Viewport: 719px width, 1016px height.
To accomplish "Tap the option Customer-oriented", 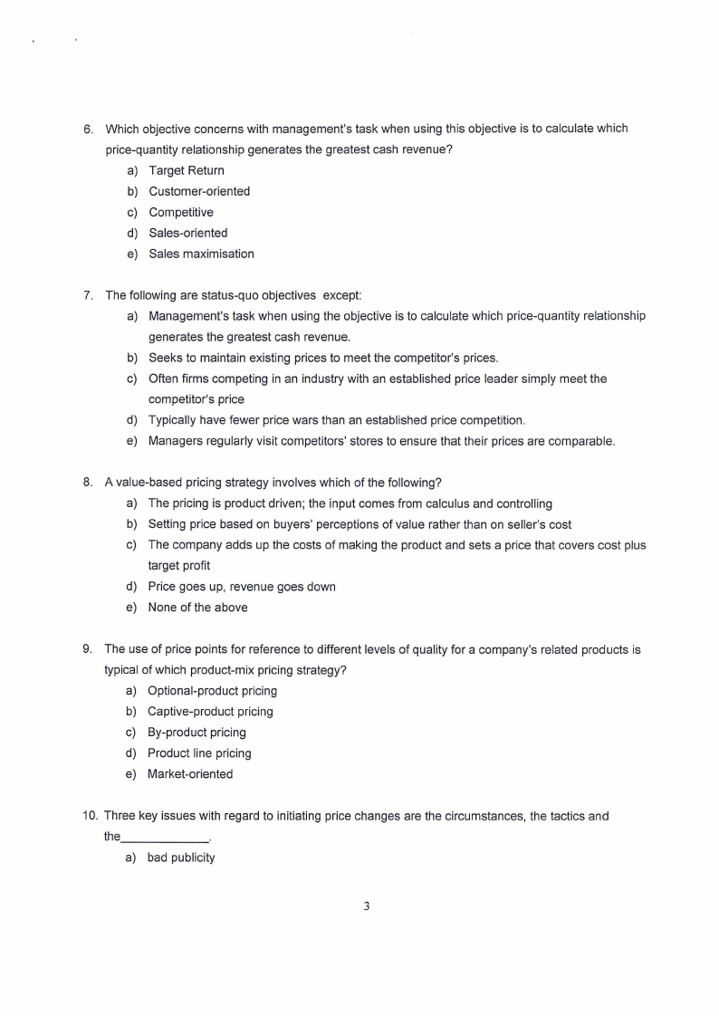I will pyautogui.click(x=198, y=191).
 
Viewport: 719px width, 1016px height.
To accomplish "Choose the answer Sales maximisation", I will pyautogui.click(x=201, y=254).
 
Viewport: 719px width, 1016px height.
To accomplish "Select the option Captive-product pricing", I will pyautogui.click(x=210, y=712).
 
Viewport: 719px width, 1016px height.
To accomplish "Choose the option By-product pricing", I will pyautogui.click(x=197, y=733).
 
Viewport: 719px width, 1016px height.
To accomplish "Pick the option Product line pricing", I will pyautogui.click(x=199, y=753).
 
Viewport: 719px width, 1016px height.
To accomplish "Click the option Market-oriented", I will pyautogui.click(x=190, y=774).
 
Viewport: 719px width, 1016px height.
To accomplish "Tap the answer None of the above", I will pyautogui.click(x=197, y=608).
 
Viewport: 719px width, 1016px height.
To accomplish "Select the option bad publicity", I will pyautogui.click(x=181, y=858).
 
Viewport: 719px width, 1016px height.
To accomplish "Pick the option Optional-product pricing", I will pyautogui.click(x=212, y=691).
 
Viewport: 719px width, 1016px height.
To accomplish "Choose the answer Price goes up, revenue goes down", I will pyautogui.click(x=242, y=587).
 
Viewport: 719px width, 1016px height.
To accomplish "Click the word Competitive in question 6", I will pyautogui.click(x=181, y=212).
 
